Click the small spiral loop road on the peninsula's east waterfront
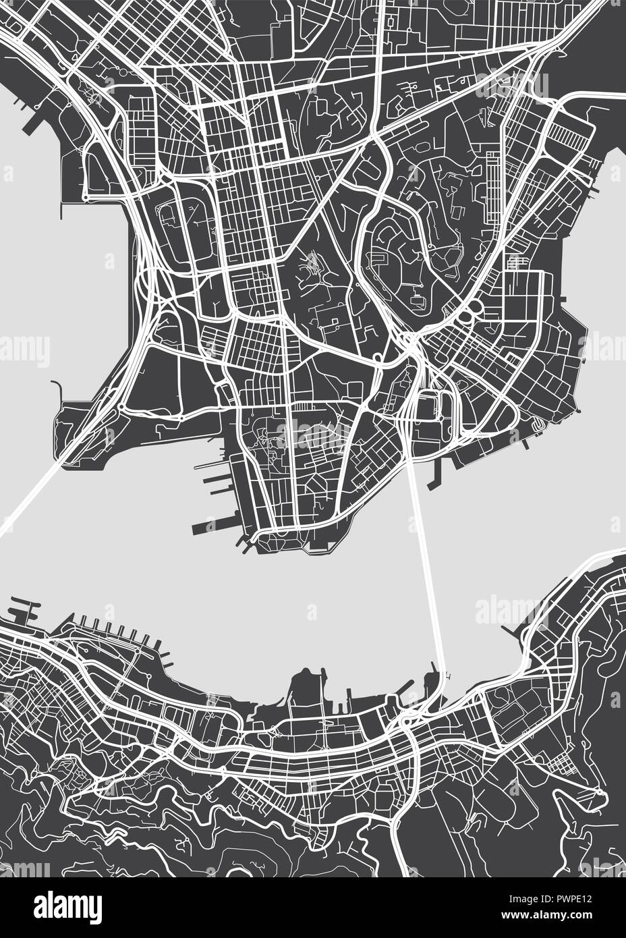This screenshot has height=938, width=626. point(538,425)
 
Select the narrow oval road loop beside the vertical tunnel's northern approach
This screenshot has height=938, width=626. point(438,399)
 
